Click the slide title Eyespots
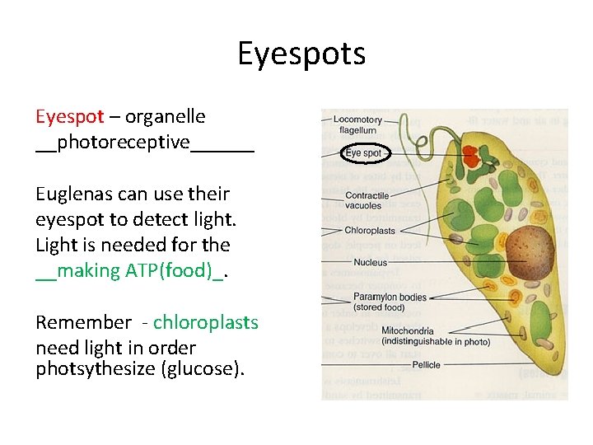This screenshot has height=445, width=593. point(301,54)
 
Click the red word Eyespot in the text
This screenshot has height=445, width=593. point(69,117)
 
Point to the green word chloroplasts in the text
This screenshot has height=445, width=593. point(206,322)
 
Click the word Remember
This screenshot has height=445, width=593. point(83,322)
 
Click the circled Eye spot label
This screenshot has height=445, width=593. point(363,153)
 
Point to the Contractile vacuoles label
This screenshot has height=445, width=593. point(367,200)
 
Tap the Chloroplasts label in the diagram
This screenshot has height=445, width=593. point(370,231)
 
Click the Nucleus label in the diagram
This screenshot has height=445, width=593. point(370,262)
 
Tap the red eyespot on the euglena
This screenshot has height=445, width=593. point(472,156)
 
